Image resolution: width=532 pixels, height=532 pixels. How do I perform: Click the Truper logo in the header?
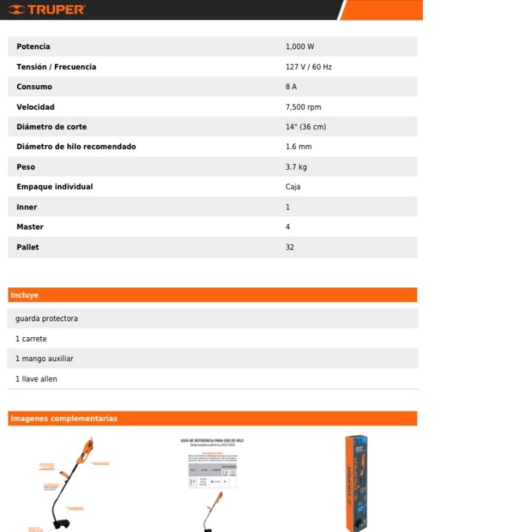pos(47,9)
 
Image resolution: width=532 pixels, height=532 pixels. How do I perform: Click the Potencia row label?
pos(33,47)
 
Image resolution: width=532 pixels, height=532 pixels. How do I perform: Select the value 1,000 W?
pos(299,47)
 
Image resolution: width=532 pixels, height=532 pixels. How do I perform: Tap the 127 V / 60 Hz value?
pos(309,67)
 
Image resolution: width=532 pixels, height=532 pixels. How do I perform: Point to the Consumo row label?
pos(34,87)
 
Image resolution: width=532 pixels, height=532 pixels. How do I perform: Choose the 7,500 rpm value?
pos(303,107)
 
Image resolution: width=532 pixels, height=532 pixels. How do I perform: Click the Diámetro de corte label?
pos(51,127)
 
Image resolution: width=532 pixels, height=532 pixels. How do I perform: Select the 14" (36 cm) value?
pos(306,127)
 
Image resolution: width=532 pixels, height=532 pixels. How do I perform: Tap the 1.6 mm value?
pos(299,147)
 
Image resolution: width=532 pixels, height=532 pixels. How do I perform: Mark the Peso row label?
pos(26,167)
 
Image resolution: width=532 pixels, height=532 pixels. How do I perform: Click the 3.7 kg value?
pos(296,167)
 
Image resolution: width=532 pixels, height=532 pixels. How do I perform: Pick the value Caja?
pos(293,187)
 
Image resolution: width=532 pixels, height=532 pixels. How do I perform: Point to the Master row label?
pos(30,227)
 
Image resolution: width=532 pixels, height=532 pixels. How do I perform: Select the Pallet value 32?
pos(290,247)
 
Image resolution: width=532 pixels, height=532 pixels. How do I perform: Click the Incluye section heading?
pos(25,295)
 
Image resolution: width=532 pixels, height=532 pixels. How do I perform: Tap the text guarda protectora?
pos(47,319)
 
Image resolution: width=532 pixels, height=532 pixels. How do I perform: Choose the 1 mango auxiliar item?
pos(45,359)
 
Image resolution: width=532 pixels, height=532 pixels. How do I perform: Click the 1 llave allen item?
pos(37,379)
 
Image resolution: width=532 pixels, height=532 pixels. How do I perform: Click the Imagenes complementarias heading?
pos(64,419)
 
